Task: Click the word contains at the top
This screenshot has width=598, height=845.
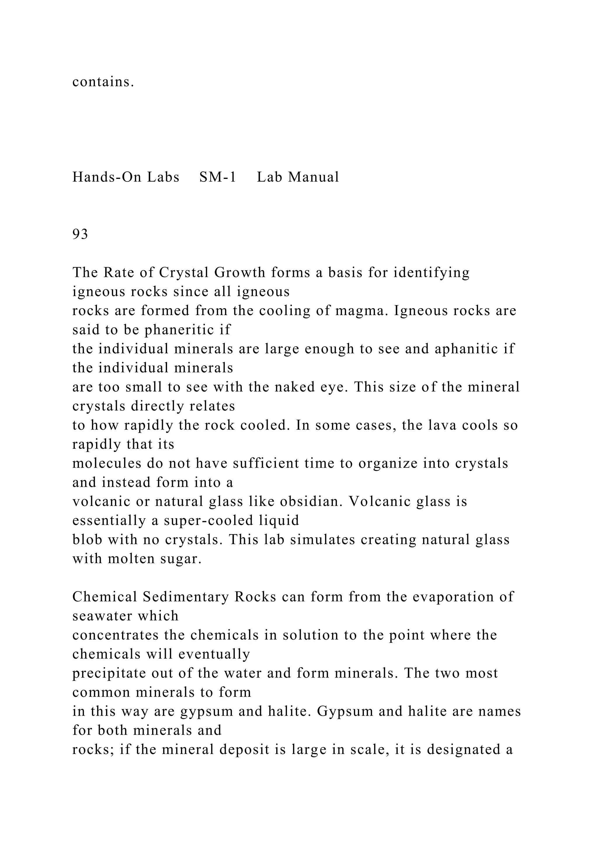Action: click(103, 82)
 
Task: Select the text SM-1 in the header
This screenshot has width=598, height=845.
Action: click(217, 177)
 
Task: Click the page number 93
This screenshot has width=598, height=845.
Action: click(80, 234)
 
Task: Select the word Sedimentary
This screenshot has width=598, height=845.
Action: click(186, 597)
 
